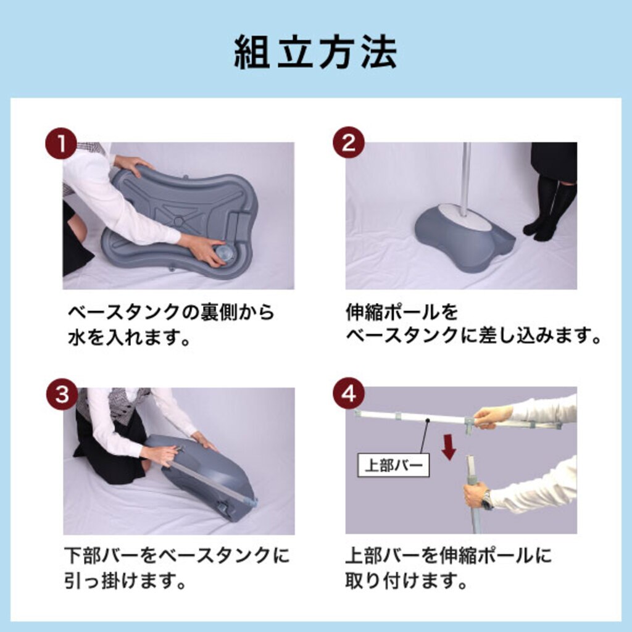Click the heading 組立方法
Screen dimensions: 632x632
click(x=315, y=52)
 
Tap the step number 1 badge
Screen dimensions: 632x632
click(x=61, y=143)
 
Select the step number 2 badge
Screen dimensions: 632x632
click(x=348, y=143)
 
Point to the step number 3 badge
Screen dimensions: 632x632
click(x=62, y=393)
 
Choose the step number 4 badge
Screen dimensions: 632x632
click(x=349, y=393)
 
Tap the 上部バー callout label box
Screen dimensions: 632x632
click(x=393, y=465)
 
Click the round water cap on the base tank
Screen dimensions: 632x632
click(x=225, y=255)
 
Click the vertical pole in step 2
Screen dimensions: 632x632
click(x=466, y=177)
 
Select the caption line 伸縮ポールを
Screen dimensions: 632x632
click(x=402, y=312)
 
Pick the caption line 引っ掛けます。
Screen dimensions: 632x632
click(x=125, y=581)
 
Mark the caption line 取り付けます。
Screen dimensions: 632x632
click(x=406, y=581)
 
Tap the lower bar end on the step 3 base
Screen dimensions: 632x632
click(x=251, y=502)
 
